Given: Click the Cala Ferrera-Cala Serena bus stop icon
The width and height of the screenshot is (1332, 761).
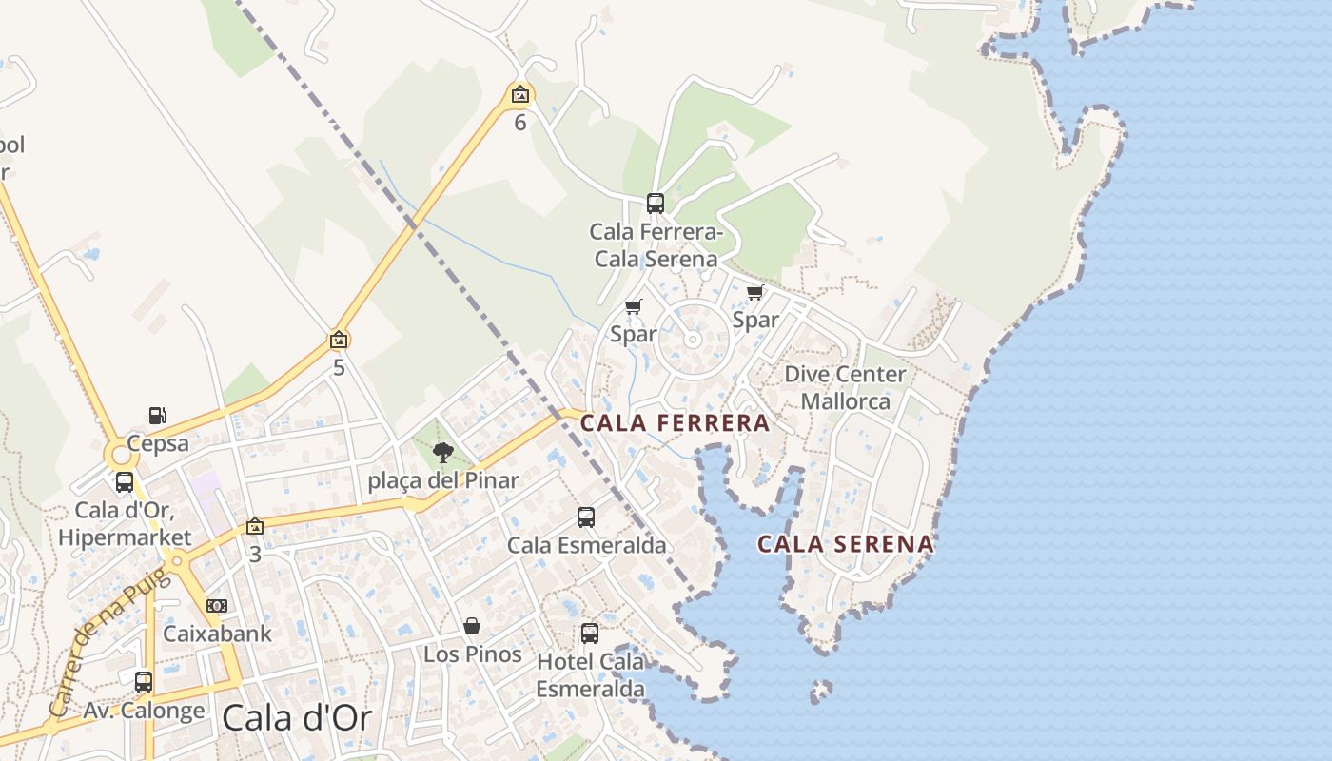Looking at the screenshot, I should [x=655, y=203].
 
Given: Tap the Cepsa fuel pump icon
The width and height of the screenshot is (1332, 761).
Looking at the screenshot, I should [x=158, y=416].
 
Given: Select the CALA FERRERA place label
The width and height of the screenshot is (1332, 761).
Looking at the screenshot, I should [x=675, y=423].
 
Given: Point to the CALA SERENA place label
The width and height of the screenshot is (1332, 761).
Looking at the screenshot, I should [x=845, y=544].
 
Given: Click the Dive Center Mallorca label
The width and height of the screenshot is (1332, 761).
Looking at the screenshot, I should [x=845, y=387].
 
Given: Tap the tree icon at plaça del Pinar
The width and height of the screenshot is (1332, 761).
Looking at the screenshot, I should [x=442, y=453].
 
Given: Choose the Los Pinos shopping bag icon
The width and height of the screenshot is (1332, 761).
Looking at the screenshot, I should [x=472, y=626].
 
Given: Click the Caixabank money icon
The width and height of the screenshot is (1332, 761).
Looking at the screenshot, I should [x=217, y=606].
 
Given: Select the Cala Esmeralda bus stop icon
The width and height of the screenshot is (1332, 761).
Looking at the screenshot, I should [x=586, y=517].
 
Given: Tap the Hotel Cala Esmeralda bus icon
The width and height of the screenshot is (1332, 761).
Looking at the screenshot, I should [x=590, y=633].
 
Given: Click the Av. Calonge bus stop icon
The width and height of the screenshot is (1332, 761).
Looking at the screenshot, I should [x=144, y=682].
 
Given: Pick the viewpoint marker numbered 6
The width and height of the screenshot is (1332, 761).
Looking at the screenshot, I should [x=519, y=94].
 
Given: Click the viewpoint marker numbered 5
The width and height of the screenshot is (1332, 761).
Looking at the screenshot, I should [x=339, y=340].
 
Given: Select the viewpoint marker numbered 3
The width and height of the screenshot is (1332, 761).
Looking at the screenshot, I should [x=255, y=526].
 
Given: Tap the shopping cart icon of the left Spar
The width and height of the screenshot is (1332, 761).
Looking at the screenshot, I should [x=634, y=306].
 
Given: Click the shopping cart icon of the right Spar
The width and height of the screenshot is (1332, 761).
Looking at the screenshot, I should [x=755, y=292].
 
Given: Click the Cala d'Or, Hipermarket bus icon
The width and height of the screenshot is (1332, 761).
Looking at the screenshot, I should [x=125, y=482].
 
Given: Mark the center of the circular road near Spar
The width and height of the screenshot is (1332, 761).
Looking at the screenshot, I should [x=693, y=340].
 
